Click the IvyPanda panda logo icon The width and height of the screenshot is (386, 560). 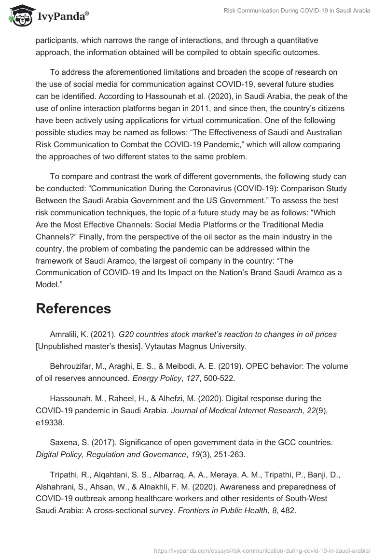(x=18, y=15)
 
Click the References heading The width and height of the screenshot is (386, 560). (x=73, y=308)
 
